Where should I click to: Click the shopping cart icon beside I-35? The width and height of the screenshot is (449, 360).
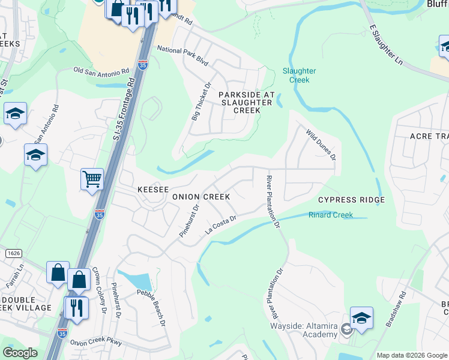[92, 178]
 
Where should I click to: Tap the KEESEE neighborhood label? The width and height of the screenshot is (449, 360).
[153, 189]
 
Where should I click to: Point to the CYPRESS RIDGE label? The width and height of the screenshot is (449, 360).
[351, 200]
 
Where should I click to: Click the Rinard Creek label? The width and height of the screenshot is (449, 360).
[330, 215]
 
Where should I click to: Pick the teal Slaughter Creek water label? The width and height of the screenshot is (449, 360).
[299, 75]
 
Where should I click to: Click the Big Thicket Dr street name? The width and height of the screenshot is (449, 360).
[201, 102]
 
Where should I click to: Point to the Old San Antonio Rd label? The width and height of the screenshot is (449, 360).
[101, 71]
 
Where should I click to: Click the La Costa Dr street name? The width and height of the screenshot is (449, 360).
[221, 227]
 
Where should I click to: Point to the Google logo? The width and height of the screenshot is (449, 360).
[20, 353]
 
